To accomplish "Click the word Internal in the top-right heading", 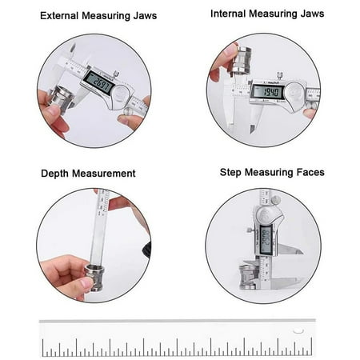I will [x=231, y=14].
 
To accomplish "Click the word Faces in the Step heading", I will [x=309, y=172].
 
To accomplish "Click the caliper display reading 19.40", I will [x=266, y=93].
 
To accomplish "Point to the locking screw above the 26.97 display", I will [x=115, y=73].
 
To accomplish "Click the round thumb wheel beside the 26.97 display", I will [x=120, y=94].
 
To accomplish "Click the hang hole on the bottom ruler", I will [x=298, y=331].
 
